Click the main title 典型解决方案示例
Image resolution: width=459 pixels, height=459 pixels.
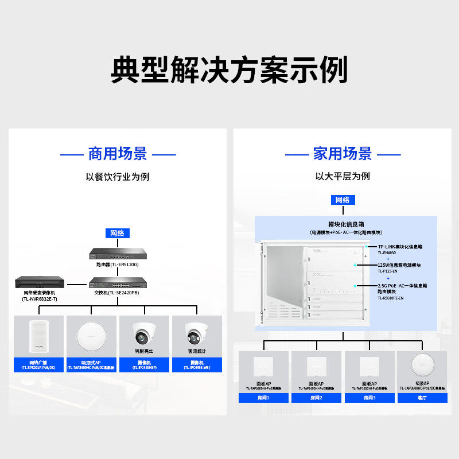click(229, 71)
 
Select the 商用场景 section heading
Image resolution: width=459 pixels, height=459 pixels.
click(118, 154)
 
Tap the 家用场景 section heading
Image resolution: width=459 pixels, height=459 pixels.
click(343, 154)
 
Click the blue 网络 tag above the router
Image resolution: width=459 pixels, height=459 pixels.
click(117, 233)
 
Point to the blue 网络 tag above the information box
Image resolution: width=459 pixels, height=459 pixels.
click(343, 200)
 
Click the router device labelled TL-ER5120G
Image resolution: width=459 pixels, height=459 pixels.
click(117, 254)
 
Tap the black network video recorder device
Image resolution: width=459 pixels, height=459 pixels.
click(40, 282)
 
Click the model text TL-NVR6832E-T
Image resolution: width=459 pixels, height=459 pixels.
click(40, 299)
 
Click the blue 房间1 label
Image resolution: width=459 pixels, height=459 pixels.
click(263, 397)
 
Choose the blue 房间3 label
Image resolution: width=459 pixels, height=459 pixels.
click(369, 397)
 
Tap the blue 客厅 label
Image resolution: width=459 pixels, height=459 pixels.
click(422, 397)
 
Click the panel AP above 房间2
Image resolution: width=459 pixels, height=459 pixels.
click(316, 365)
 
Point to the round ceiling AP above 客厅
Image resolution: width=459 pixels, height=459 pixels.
click(422, 365)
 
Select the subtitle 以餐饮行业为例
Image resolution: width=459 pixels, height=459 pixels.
click(118, 177)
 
